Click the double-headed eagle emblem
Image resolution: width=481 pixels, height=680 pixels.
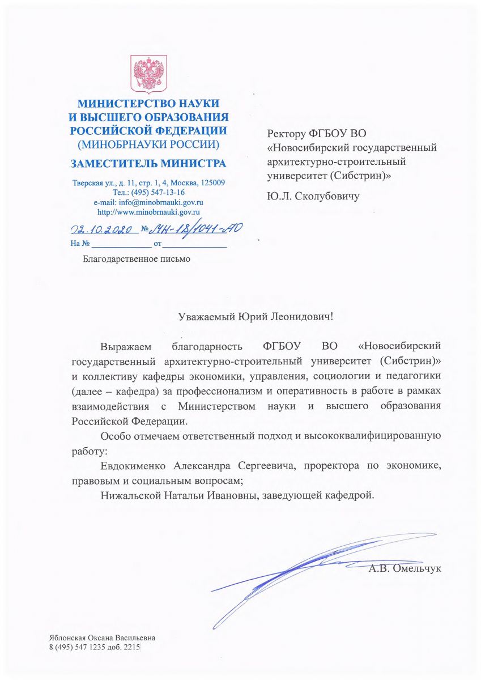click(148, 74)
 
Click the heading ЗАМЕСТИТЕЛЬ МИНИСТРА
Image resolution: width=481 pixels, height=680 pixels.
click(148, 164)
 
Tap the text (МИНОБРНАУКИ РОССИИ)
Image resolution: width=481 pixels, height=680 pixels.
click(148, 144)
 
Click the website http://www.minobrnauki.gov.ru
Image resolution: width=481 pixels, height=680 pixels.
click(148, 212)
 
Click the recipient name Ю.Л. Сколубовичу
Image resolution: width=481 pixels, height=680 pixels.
click(313, 197)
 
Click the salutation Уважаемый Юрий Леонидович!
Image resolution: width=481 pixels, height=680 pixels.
click(256, 316)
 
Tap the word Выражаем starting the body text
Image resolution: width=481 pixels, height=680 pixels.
click(123, 346)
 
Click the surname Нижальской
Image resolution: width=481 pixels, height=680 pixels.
click(127, 495)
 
